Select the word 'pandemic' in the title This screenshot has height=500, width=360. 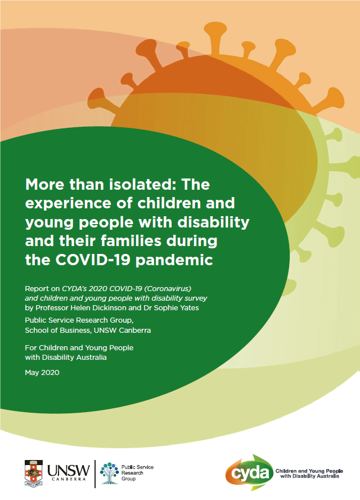coord(174,261)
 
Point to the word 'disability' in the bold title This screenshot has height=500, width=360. coord(213,222)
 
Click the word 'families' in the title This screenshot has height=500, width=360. coord(132,241)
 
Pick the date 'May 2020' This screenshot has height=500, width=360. coord(42,372)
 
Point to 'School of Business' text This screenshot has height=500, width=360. coord(57,330)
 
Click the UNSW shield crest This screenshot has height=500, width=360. coord(33,473)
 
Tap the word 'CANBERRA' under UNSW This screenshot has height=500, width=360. coord(69,479)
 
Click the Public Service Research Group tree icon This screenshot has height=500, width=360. coord(109,473)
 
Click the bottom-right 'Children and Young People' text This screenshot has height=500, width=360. coord(309,471)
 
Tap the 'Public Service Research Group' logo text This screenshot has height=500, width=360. coord(137,473)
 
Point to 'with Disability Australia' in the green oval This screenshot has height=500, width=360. coord(66,358)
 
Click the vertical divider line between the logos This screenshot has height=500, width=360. coord(95,474)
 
